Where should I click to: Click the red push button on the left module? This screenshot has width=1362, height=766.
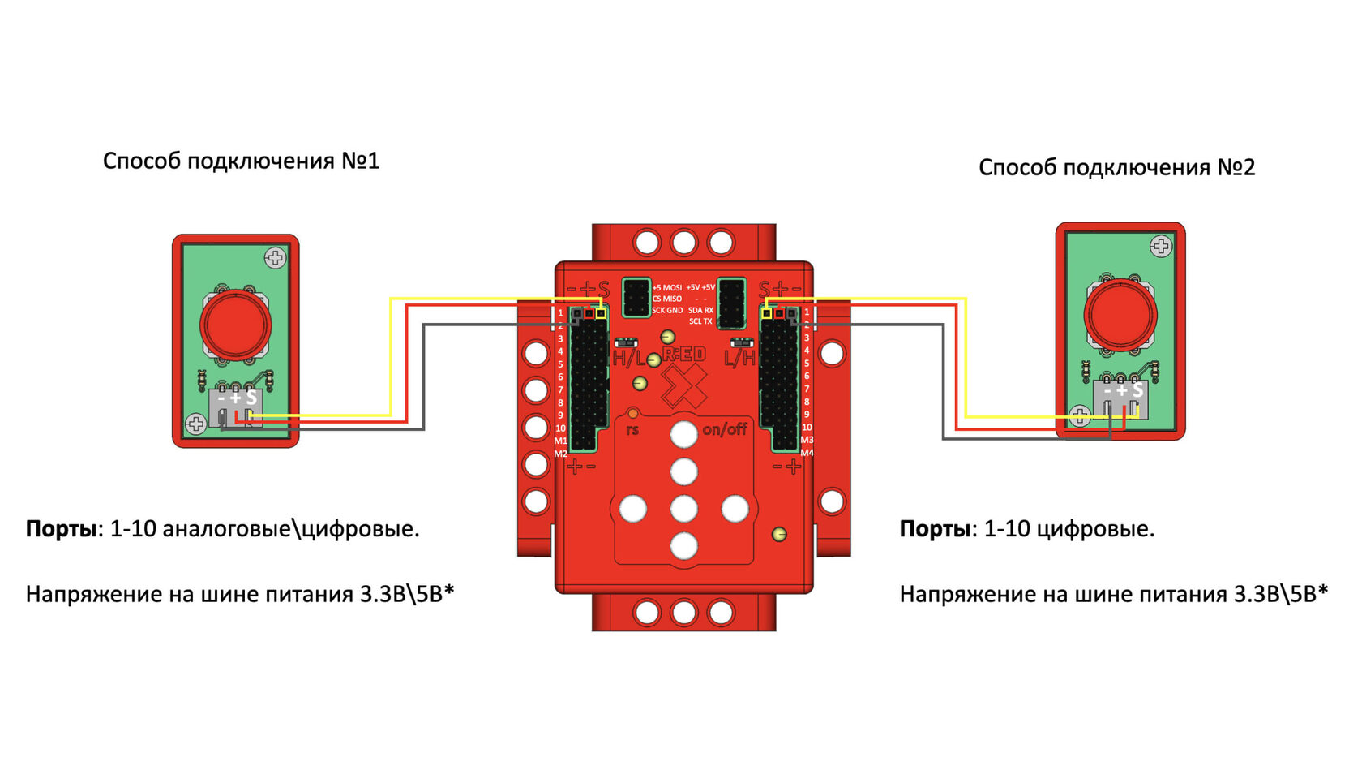pyautogui.click(x=235, y=324)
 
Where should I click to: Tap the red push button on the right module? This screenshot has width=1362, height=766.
pyautogui.click(x=1120, y=314)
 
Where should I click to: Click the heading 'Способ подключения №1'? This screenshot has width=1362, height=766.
pyautogui.click(x=241, y=161)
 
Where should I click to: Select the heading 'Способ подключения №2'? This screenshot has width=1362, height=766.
pyautogui.click(x=1116, y=167)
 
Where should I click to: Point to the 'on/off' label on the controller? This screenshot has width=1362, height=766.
pyautogui.click(x=724, y=428)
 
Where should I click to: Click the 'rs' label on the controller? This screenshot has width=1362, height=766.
pyautogui.click(x=632, y=429)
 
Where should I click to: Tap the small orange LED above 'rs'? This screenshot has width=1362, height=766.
pyautogui.click(x=632, y=414)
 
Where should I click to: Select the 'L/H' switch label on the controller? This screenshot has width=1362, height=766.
pyautogui.click(x=739, y=358)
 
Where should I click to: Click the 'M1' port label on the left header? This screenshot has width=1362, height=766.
pyautogui.click(x=560, y=441)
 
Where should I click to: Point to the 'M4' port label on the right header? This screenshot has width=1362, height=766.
pyautogui.click(x=807, y=453)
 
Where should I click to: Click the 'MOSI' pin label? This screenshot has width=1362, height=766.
pyautogui.click(x=672, y=287)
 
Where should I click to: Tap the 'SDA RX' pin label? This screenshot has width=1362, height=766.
pyautogui.click(x=700, y=310)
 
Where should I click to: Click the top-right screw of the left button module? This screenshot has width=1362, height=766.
pyautogui.click(x=275, y=258)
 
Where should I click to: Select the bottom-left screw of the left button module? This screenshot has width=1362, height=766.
pyautogui.click(x=195, y=424)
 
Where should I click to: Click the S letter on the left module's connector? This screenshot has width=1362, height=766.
pyautogui.click(x=251, y=398)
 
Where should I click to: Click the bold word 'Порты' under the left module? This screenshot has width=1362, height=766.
pyautogui.click(x=62, y=529)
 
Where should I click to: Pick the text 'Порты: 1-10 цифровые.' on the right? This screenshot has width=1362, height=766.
pyautogui.click(x=1026, y=529)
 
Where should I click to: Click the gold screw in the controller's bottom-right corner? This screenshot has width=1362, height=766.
pyautogui.click(x=779, y=534)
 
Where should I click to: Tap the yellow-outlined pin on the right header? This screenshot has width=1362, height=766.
pyautogui.click(x=767, y=312)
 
